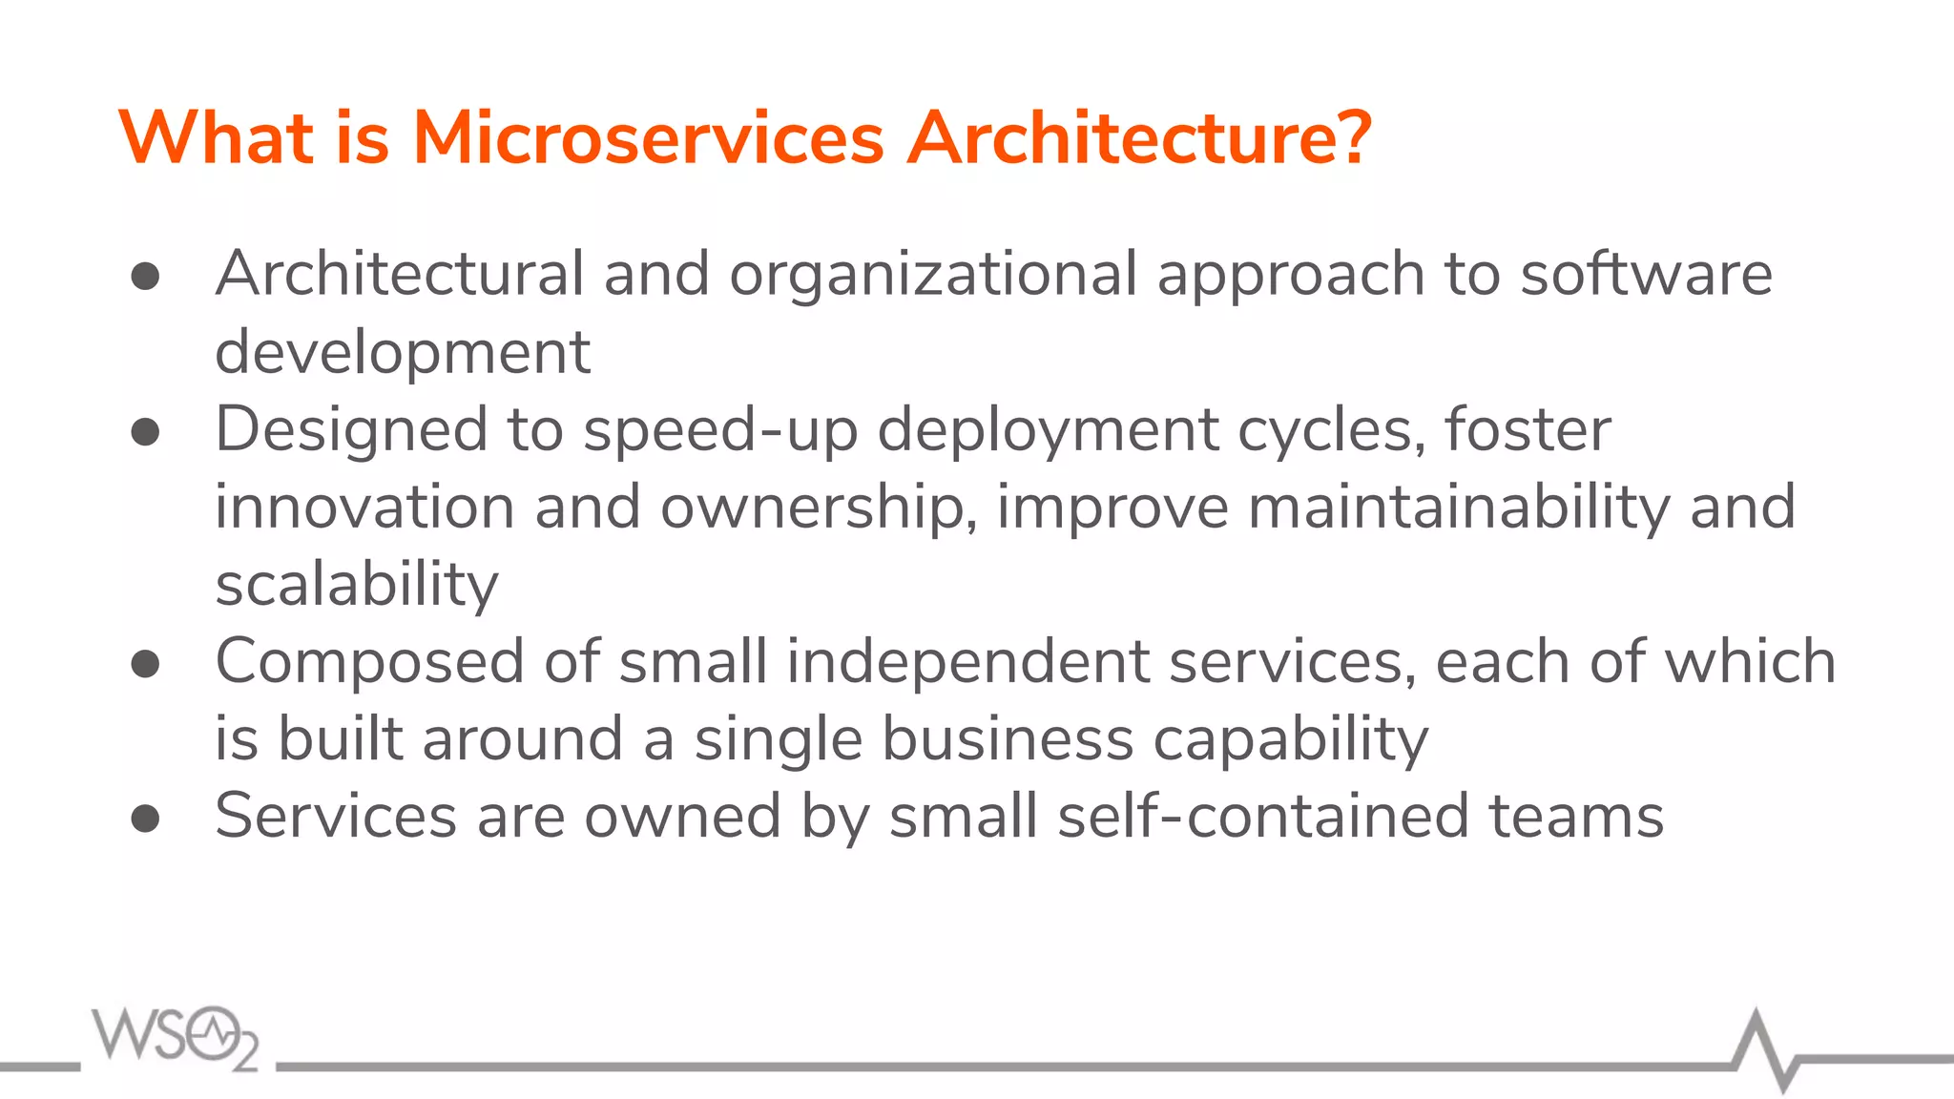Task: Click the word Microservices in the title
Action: [649, 138]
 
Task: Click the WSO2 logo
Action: [176, 1038]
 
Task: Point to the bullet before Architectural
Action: [145, 277]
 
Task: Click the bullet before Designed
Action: [145, 432]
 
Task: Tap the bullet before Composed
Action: [145, 664]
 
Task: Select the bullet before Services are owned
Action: [145, 819]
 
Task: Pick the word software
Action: [1646, 275]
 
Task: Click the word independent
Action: [967, 662]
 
